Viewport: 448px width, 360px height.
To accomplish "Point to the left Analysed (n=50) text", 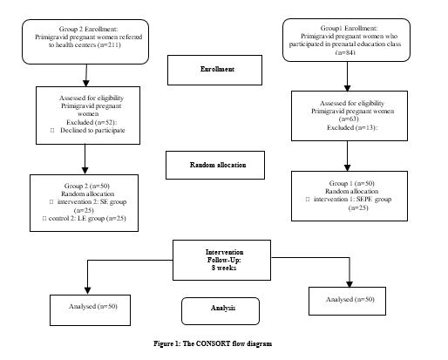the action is tap(93, 306).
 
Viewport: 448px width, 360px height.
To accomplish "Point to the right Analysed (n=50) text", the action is tap(350, 299).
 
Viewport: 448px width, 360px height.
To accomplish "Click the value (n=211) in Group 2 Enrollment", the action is tap(109, 44).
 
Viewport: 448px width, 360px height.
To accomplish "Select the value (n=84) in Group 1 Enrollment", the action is tap(345, 52).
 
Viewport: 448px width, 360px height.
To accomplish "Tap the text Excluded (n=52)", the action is tap(92, 122).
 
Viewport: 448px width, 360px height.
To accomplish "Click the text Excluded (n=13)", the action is tap(352, 127).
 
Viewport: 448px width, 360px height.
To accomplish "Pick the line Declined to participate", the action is tap(92, 130).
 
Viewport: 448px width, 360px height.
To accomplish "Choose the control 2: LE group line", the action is tap(87, 218).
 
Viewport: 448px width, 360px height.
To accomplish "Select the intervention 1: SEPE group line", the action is tap(352, 199).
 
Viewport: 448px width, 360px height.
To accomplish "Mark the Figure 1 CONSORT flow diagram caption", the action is tap(213, 343).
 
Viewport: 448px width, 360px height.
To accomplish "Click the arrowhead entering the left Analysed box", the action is tap(87, 291).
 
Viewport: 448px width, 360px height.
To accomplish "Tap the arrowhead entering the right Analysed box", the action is tap(350, 284).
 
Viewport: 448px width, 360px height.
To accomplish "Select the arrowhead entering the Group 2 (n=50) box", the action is tap(85, 171).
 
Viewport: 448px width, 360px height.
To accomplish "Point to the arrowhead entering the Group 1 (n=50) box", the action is tap(347, 167).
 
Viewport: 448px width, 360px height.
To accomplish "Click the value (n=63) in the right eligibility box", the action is tap(349, 119).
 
